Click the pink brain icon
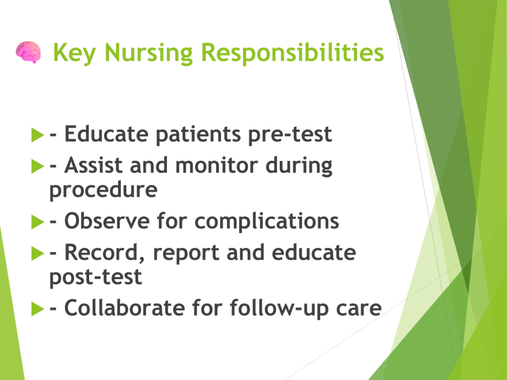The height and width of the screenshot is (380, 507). click(x=28, y=52)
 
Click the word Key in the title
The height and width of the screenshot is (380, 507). click(x=75, y=53)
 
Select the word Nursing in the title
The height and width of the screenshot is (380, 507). click(x=149, y=53)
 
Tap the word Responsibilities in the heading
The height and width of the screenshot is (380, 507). click(x=293, y=52)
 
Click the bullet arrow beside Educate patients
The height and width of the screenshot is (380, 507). click(x=38, y=135)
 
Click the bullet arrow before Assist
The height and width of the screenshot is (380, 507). click(x=38, y=166)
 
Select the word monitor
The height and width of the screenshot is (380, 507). click(x=216, y=165)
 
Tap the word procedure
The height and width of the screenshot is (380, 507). click(x=103, y=190)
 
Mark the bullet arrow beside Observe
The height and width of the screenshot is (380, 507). click(x=38, y=222)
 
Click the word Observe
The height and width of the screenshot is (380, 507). click(x=107, y=221)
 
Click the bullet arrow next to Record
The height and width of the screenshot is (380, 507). click(x=38, y=253)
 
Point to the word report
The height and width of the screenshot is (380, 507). click(x=186, y=253)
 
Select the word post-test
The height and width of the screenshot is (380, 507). click(x=96, y=277)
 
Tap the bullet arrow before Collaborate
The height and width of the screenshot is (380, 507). click(x=38, y=309)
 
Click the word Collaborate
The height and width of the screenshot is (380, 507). click(x=125, y=308)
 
